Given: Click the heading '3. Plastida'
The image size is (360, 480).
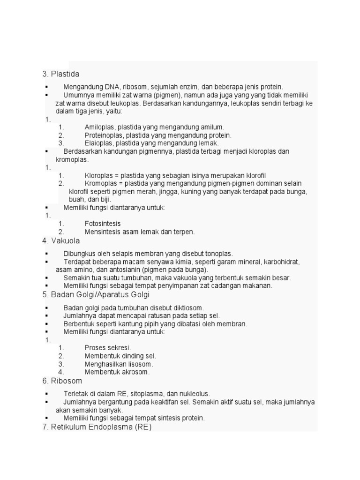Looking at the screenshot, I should (61, 74).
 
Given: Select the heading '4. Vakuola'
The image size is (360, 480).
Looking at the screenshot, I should (61, 241).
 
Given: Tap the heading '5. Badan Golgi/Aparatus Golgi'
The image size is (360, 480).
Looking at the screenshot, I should (96, 295).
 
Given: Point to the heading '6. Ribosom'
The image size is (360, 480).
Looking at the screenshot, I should (62, 381).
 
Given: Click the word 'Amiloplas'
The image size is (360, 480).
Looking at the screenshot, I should (99, 127).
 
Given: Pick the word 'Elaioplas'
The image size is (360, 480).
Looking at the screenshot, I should (99, 143).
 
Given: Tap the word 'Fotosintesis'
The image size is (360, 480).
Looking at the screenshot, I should (103, 224).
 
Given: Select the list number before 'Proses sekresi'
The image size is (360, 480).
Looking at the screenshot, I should (61, 348).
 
